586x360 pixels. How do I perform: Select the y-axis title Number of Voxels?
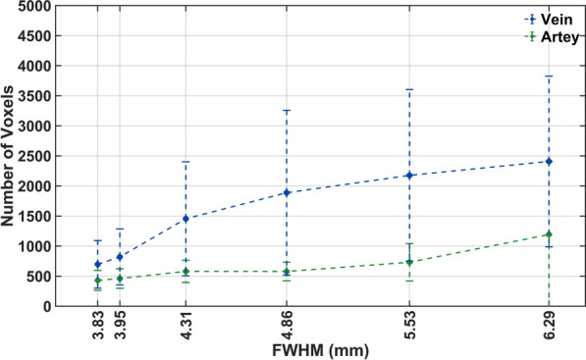[12, 155]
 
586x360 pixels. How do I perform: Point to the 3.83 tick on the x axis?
[98, 325]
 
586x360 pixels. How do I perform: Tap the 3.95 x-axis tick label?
[120, 325]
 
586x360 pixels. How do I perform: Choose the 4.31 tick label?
[185, 325]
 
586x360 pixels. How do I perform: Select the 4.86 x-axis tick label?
[286, 325]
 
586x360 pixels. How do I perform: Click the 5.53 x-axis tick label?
[408, 325]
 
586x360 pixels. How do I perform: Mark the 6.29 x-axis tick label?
[548, 325]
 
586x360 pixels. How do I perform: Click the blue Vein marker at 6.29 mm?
[548, 161]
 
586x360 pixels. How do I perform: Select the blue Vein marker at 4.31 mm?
[185, 219]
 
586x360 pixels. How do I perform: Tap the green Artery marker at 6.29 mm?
[548, 234]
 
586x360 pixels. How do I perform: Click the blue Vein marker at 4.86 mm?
[286, 192]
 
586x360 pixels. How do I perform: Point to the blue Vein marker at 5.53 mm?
[408, 176]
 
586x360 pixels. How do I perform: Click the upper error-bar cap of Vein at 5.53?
[408, 89]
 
